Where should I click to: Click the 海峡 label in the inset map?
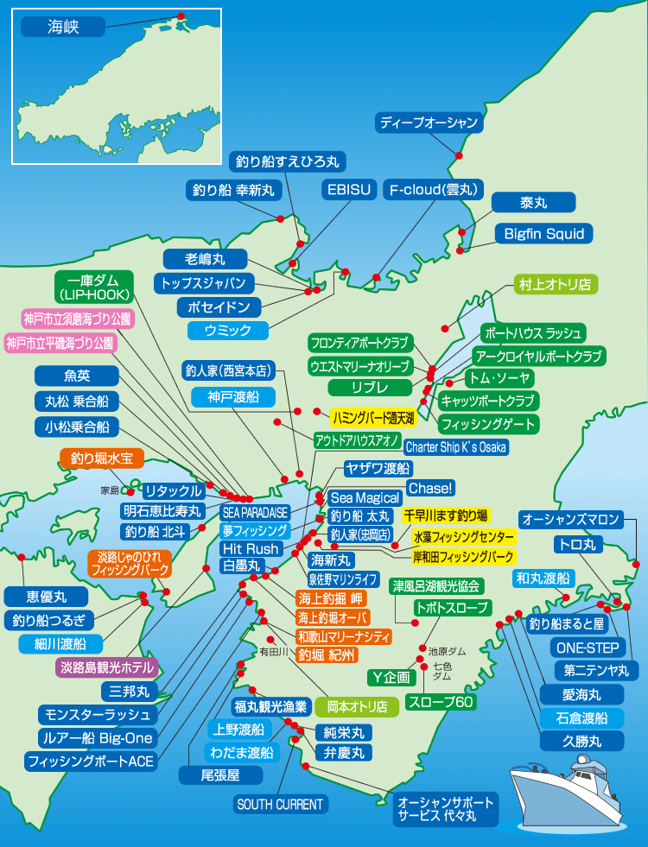[x=62, y=28]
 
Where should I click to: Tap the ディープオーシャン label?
[x=429, y=123]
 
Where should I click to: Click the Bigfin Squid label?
[x=544, y=233]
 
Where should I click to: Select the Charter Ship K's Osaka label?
[x=455, y=447]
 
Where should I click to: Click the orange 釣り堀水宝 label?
[x=102, y=458]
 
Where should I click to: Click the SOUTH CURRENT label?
[x=280, y=805]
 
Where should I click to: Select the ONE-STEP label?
[x=588, y=648]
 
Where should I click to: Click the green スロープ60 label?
[x=441, y=702]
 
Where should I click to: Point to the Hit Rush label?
[x=251, y=548]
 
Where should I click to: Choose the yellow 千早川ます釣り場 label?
[x=445, y=515]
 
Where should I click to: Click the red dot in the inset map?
[x=181, y=16]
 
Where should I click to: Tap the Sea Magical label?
[x=365, y=497]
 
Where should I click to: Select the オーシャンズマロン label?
[x=571, y=519]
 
